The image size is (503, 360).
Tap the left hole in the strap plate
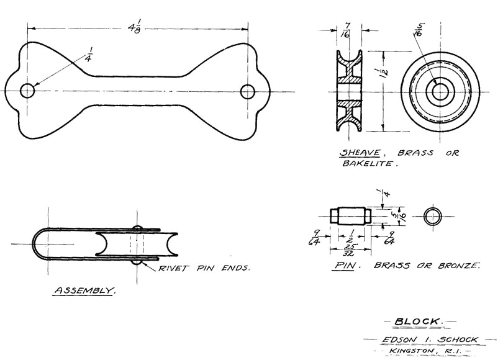(x=27, y=91)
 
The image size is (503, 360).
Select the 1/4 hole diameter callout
(x=87, y=55)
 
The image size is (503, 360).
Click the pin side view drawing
(x=351, y=216)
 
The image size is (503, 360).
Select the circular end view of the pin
(x=433, y=216)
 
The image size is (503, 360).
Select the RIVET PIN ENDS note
(x=206, y=269)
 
